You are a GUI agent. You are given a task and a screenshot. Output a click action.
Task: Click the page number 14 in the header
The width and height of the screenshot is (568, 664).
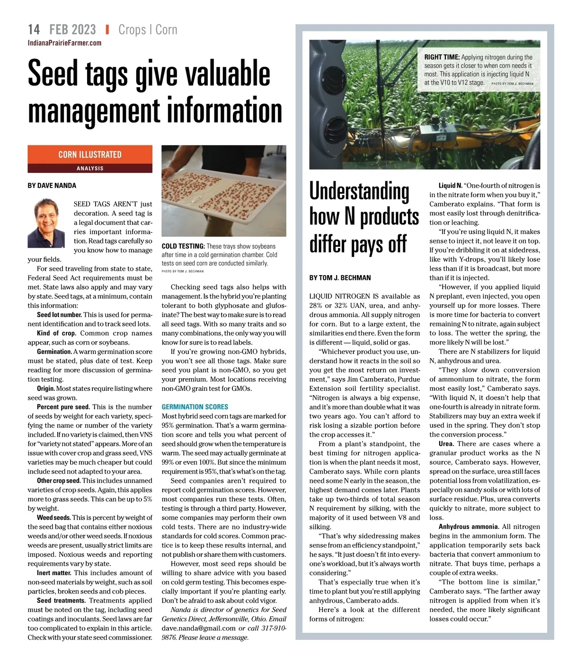click(34, 30)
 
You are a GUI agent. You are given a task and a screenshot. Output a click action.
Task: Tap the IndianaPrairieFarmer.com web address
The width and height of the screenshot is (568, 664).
click(64, 43)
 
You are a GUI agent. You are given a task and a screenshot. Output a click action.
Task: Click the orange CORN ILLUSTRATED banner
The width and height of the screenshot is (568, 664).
click(90, 155)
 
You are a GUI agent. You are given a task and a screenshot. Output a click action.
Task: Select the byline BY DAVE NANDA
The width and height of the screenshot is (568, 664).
click(52, 186)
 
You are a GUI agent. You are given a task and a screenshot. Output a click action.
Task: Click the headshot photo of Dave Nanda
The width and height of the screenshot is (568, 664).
click(46, 224)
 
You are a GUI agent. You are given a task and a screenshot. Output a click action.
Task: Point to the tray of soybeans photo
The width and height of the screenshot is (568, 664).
click(224, 191)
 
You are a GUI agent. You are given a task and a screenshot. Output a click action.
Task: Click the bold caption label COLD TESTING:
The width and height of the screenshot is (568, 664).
click(183, 246)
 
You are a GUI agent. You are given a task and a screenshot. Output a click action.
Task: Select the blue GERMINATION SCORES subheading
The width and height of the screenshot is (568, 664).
click(195, 407)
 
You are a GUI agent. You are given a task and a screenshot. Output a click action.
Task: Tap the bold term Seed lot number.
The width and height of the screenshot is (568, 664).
click(59, 315)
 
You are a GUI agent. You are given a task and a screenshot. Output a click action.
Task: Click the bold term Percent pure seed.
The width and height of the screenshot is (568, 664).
click(63, 407)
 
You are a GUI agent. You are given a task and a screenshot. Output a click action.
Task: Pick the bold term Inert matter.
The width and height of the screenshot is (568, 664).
click(53, 573)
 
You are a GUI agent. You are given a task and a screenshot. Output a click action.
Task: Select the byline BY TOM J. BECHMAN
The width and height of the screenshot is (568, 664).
click(340, 278)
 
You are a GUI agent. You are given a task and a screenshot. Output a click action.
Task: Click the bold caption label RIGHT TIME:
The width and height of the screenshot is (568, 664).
click(442, 58)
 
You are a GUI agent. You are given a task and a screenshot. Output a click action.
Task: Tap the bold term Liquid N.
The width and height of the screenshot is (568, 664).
click(450, 186)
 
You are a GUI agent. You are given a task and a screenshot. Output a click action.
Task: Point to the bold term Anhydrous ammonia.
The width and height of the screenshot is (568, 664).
click(469, 526)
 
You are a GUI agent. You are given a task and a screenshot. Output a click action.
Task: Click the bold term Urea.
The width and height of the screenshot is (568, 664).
click(446, 444)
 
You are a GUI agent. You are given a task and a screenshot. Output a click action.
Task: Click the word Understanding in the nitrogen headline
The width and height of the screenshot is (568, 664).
click(359, 191)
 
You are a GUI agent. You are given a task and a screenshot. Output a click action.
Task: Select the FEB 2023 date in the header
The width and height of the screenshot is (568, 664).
click(72, 30)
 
